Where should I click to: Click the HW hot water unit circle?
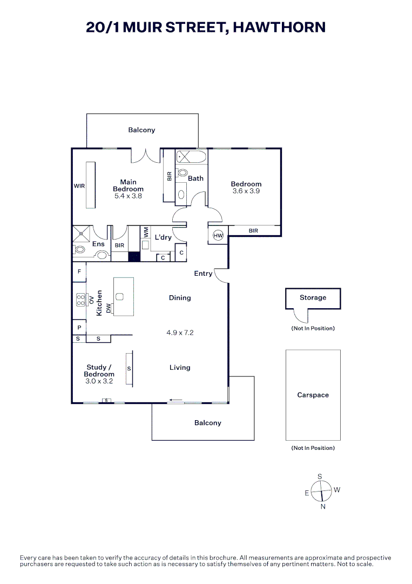pos(218,235)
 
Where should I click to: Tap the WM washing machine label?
pos(145,233)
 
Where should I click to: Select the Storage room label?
pos(313,297)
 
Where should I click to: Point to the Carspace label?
pos(313,395)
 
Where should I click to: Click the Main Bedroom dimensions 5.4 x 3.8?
pos(129,196)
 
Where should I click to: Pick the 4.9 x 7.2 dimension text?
pos(180,333)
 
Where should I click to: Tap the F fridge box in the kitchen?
pos(79,272)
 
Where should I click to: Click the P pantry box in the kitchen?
pos(79,328)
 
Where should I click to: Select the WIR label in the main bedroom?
pos(79,186)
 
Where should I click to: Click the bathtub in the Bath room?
pos(191,157)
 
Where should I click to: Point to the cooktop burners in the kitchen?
pos(80,300)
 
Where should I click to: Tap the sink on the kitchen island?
pos(119,296)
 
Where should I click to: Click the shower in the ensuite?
pos(82,234)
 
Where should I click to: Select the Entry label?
pos(203,274)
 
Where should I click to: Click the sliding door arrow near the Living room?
pos(176,400)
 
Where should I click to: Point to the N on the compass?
pos(323,507)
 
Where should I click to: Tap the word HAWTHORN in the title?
pos(279,28)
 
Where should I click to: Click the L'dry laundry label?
pos(163,237)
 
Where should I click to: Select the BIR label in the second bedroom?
pos(253,231)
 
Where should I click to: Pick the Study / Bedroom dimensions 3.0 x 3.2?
pos(99,381)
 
